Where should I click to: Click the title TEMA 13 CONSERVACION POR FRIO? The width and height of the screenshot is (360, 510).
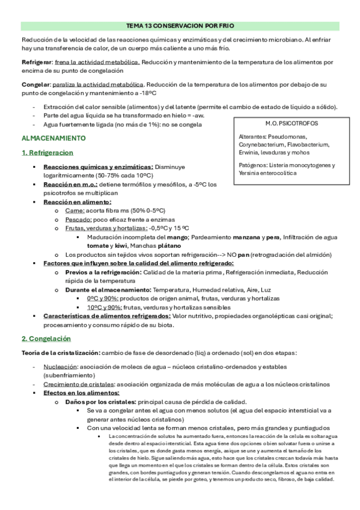tap(180, 26)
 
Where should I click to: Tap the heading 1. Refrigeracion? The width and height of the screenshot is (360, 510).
tap(46, 153)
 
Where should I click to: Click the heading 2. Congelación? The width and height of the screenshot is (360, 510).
tap(46, 339)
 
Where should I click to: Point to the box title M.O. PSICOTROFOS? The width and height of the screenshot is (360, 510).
tap(285, 123)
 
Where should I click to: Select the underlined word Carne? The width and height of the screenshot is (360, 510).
tap(75, 210)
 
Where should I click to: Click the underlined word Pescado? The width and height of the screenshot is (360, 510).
tap(78, 220)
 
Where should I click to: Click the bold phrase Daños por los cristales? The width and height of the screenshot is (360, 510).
tap(101, 401)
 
